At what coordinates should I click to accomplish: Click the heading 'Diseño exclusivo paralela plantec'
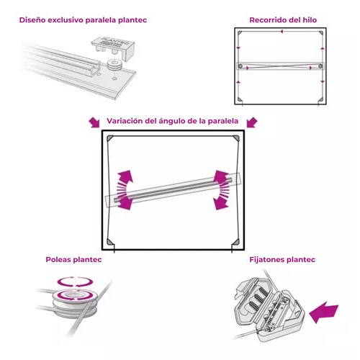[x=83, y=20]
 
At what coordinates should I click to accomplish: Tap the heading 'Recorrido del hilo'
[x=283, y=20]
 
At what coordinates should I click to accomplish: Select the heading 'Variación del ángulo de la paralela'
[x=173, y=121]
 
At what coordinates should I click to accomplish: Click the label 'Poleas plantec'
[x=73, y=260]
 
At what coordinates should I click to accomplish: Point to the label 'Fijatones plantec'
[x=282, y=260]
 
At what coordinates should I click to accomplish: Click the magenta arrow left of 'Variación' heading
[x=94, y=122]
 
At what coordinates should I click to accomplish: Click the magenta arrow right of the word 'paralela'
[x=252, y=122]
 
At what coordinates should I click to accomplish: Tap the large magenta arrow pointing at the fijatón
[x=324, y=312]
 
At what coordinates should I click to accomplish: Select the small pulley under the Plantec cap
[x=115, y=66]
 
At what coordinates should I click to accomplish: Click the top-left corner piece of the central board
[x=110, y=138]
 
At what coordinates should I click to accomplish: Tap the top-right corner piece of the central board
[x=236, y=138]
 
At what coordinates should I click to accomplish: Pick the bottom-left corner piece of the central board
[x=109, y=242]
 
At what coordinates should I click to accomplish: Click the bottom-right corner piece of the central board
[x=236, y=242]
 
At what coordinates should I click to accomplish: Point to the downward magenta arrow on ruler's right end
[x=220, y=200]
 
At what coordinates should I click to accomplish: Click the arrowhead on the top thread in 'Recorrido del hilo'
[x=282, y=31]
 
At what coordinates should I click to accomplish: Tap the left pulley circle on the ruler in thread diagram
[x=240, y=66]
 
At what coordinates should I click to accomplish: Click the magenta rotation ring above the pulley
[x=75, y=282]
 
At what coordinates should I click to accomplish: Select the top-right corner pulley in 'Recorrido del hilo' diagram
[x=321, y=33]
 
